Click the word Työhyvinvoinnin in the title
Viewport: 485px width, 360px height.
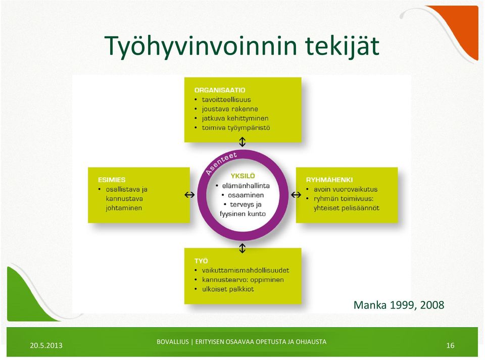coord(201,46)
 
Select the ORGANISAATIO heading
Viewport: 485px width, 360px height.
coord(220,90)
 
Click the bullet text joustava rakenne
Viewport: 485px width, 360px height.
coord(230,109)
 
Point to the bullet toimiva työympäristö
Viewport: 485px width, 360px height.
coord(236,128)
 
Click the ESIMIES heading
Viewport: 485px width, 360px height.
coord(112,180)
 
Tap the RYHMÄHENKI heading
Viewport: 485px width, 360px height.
coord(329,180)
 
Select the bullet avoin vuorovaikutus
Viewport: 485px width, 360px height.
coord(346,189)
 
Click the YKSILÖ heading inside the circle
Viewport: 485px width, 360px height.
coord(243,176)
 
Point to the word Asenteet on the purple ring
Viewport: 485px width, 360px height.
coord(221,163)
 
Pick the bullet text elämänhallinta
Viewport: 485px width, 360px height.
coord(246,186)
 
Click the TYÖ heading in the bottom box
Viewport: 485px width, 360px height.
coord(201,261)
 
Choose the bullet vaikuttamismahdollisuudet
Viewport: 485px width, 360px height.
coord(246,271)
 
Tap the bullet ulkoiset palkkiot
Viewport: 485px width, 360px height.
coord(228,289)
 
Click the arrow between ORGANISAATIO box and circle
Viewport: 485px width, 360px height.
coord(242,142)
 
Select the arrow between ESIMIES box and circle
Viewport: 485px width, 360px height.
coord(189,195)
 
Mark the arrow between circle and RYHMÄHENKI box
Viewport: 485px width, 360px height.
coord(296,195)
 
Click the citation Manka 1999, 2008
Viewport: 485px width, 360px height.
coord(399,305)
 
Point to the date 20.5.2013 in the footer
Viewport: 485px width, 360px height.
coord(46,345)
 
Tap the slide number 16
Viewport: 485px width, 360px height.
coord(450,345)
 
